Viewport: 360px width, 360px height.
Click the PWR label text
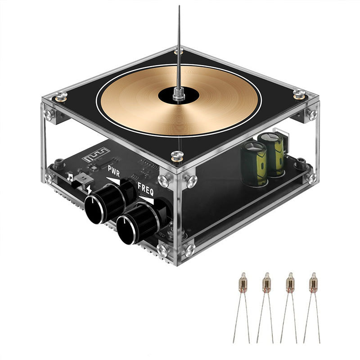click(x=113, y=171)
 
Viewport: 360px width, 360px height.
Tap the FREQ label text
click(x=145, y=190)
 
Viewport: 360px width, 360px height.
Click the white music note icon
click(x=70, y=177)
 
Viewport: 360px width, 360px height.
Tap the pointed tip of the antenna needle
click(x=179, y=7)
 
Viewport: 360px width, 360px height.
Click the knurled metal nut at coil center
click(x=178, y=94)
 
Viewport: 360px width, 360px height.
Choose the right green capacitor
click(x=274, y=153)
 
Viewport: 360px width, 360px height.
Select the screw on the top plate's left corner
click(x=60, y=96)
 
